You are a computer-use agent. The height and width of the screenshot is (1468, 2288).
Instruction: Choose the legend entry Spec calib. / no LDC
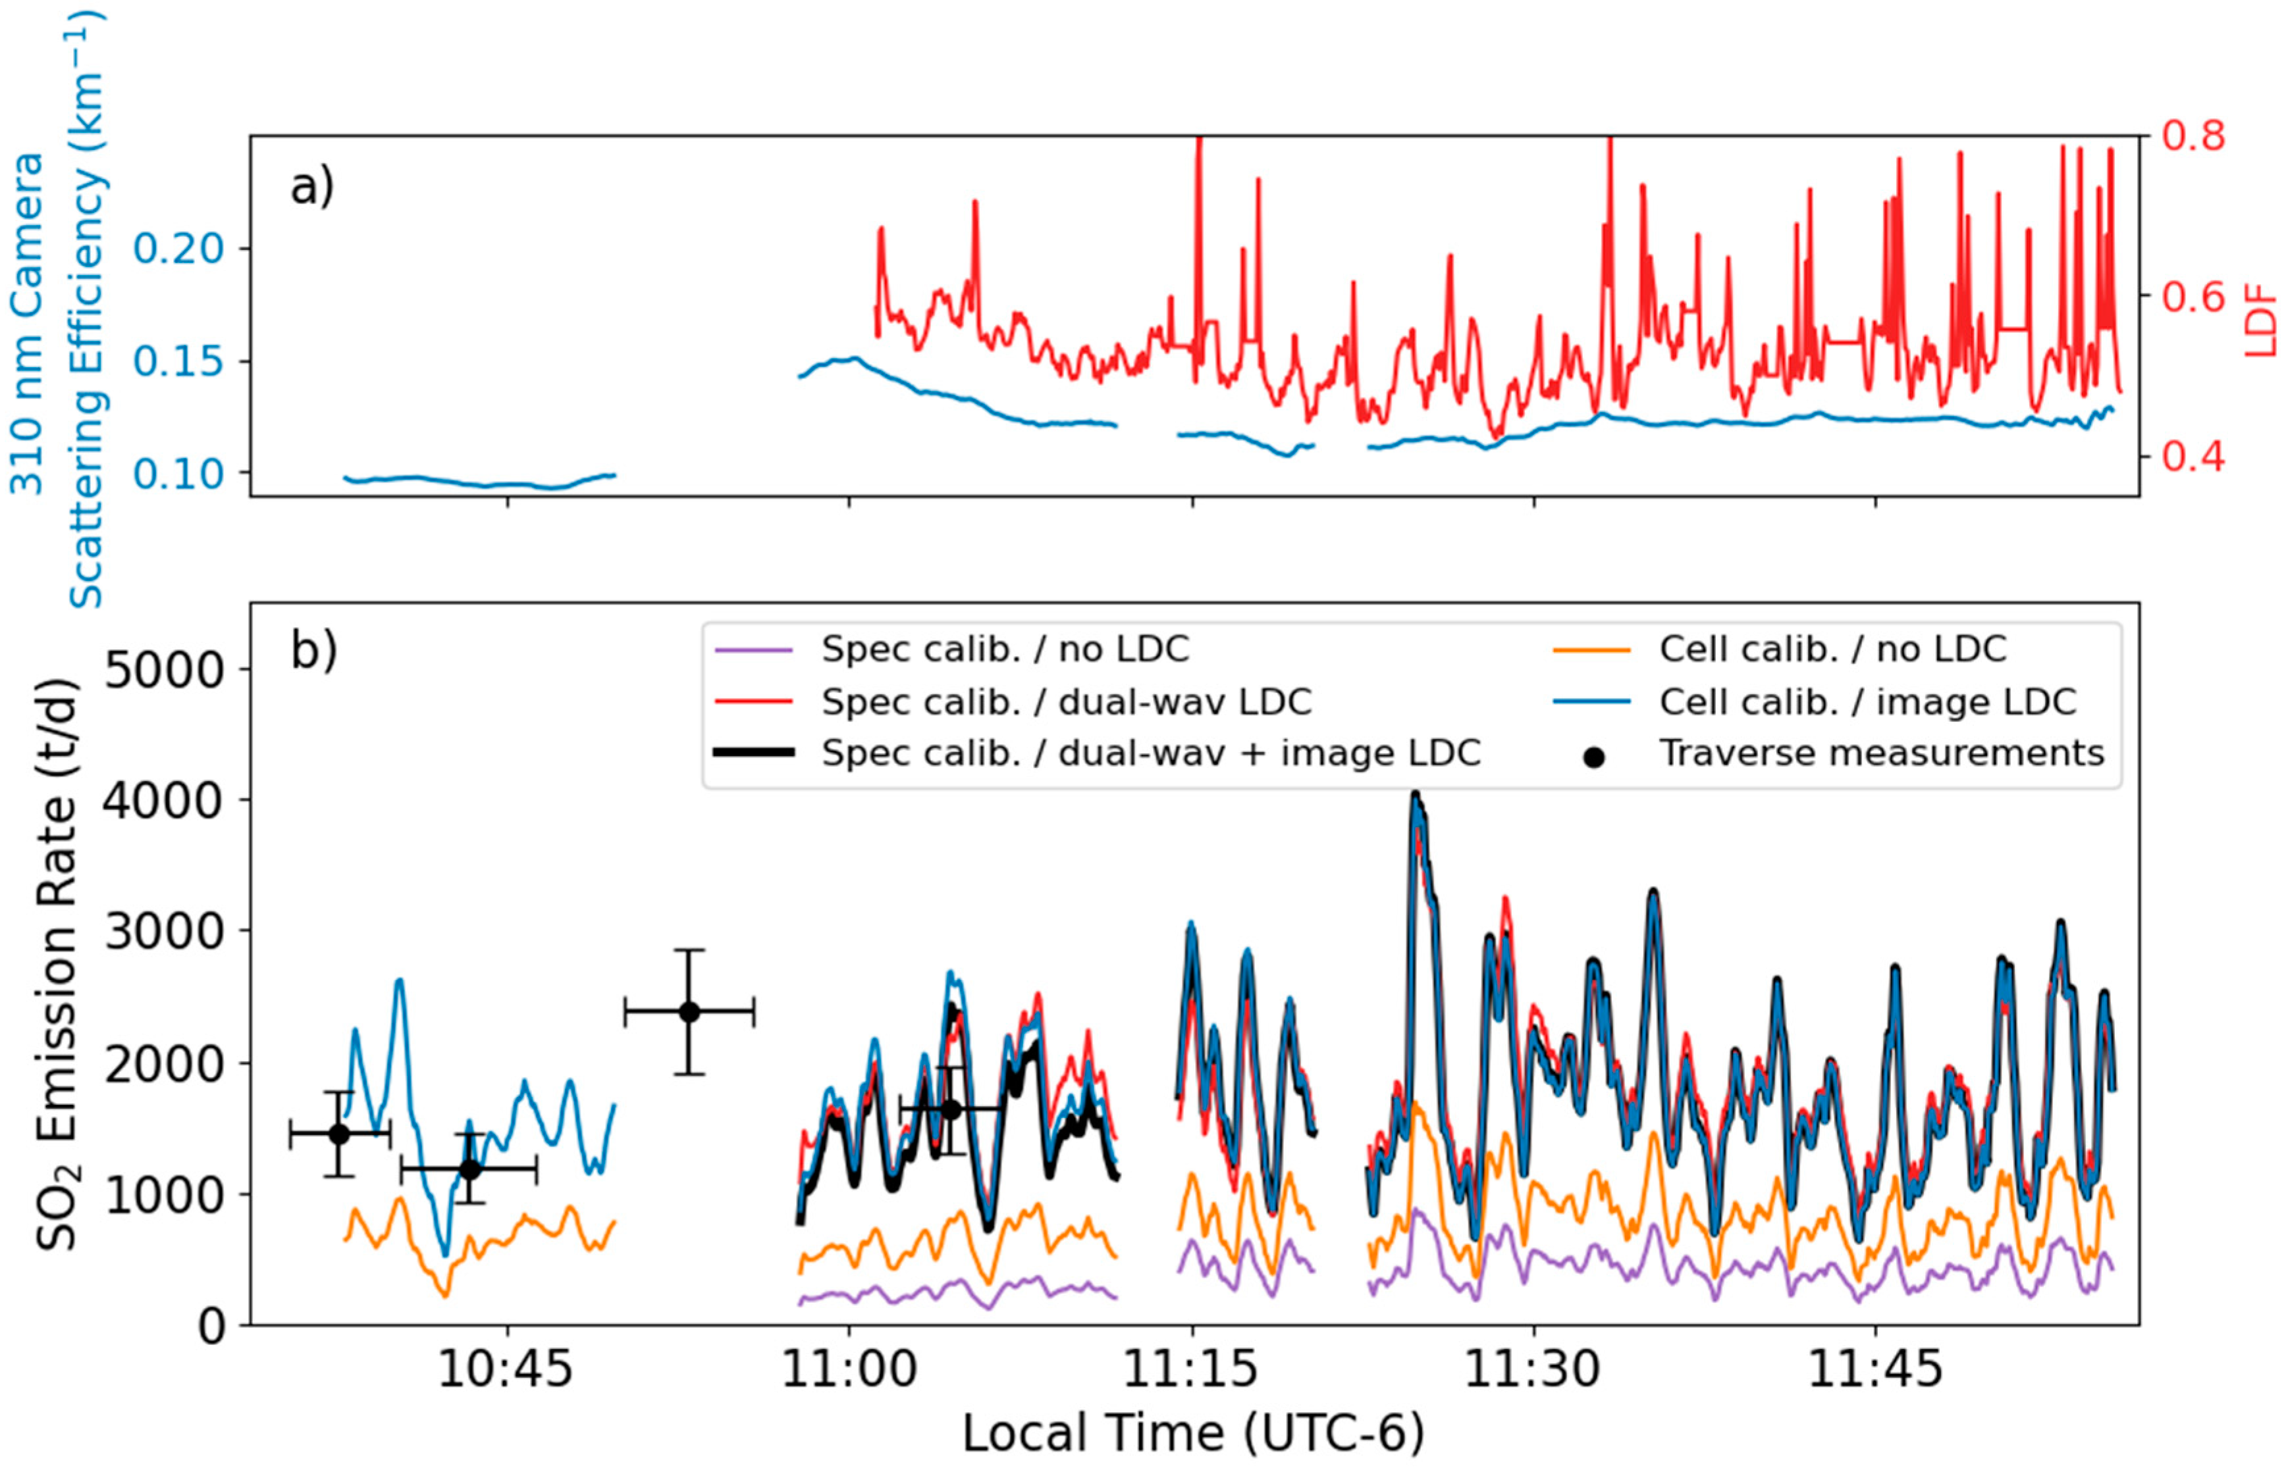point(1004,649)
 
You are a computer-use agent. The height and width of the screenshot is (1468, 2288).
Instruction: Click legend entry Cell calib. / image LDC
point(1867,701)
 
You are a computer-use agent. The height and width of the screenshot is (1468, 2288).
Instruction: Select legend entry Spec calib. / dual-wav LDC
point(1065,701)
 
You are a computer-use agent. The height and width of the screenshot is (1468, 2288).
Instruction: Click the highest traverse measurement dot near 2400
point(689,1011)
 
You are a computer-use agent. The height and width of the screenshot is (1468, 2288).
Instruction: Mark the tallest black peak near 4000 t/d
point(1416,794)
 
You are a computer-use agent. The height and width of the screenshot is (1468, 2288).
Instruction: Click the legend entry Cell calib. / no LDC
point(1832,649)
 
